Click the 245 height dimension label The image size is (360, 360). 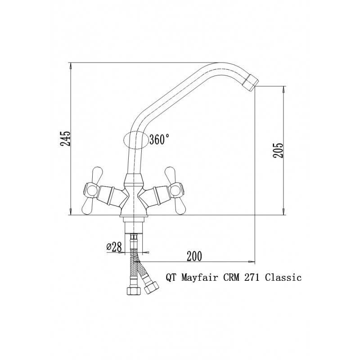point(65,139)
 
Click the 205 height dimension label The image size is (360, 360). point(278,150)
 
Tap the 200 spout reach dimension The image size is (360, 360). point(194,256)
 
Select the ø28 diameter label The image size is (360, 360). point(114,247)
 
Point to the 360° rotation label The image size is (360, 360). point(159,139)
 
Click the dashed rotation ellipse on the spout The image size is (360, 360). point(136,140)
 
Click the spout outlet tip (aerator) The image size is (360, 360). point(251,82)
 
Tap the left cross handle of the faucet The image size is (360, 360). point(92,190)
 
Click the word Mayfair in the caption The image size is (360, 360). point(200,278)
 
